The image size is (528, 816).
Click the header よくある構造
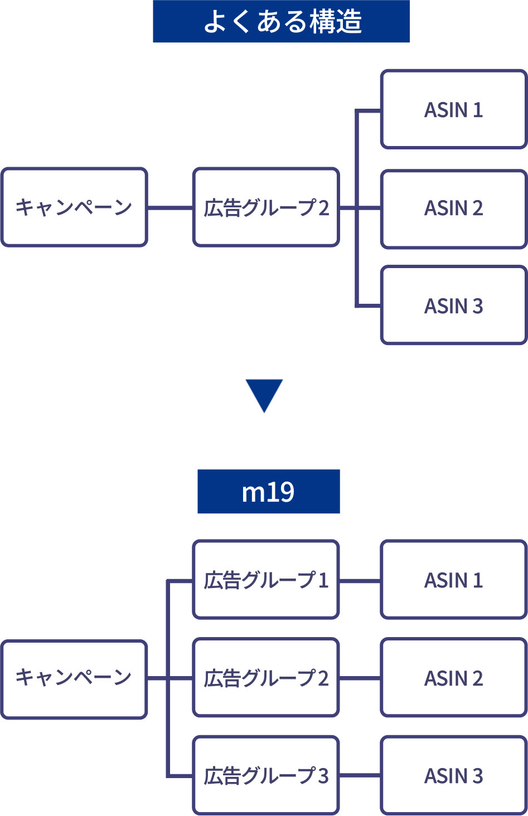(281, 22)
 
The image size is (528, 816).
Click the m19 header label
(268, 492)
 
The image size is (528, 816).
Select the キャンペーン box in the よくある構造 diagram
(74, 207)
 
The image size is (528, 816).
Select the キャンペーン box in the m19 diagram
(74, 679)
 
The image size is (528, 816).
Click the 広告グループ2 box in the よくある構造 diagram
(266, 207)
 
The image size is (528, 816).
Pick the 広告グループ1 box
(266, 580)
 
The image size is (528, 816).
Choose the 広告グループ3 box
(266, 775)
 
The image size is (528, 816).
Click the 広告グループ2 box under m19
(266, 678)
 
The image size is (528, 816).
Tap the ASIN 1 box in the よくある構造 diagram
(453, 109)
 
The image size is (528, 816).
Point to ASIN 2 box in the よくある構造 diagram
(453, 208)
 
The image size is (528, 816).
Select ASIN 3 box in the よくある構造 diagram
(453, 306)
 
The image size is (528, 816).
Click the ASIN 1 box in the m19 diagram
(453, 580)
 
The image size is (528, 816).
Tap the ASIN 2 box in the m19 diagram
(453, 678)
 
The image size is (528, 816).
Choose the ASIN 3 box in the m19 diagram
(453, 775)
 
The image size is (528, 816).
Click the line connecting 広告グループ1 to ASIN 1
(360, 581)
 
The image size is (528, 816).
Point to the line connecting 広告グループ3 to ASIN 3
(360, 775)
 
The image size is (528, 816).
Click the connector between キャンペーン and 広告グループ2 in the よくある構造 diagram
(170, 208)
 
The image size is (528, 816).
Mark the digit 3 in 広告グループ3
(323, 776)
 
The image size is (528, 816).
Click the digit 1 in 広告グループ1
(323, 580)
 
